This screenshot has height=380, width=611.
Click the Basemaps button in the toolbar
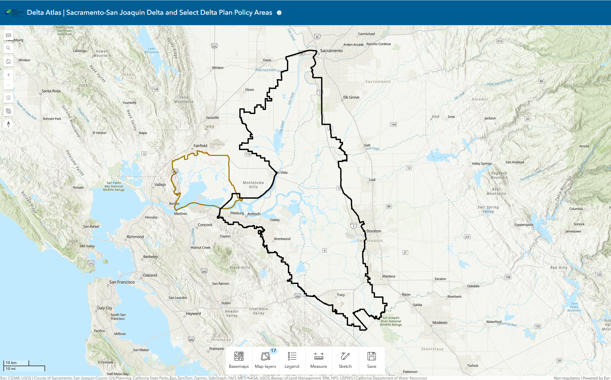coord(239,360)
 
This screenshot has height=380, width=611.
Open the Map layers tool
coord(265,360)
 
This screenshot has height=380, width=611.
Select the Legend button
coord(292,360)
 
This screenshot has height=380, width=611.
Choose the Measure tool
coord(318,360)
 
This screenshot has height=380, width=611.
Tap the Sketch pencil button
coord(345,360)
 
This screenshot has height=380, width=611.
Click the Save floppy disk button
coord(372,360)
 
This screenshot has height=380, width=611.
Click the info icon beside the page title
coord(279,13)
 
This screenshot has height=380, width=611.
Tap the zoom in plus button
coord(8,75)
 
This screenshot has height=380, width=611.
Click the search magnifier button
coord(8,48)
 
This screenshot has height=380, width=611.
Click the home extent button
coord(8,61)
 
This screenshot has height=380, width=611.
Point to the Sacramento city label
coord(331,51)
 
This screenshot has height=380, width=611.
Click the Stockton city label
coord(374,231)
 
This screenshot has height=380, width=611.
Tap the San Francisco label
coord(122,282)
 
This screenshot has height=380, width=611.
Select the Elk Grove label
coord(351,97)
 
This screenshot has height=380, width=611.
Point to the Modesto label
coord(440,323)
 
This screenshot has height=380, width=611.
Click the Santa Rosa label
coord(51,91)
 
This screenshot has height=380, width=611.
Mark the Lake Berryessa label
coord(152,50)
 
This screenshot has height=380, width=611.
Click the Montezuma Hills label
coord(253,185)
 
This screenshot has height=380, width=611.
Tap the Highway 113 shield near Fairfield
coord(248,154)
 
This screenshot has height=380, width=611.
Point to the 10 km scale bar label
coord(11,363)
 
